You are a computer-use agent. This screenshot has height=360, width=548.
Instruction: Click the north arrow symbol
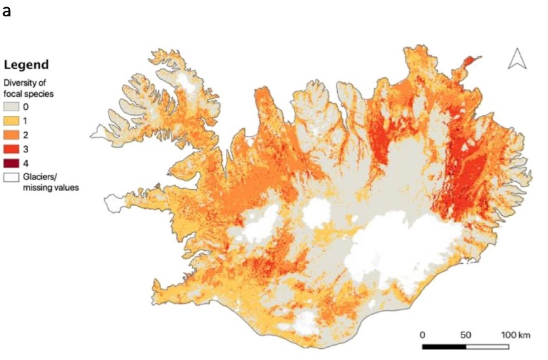518,59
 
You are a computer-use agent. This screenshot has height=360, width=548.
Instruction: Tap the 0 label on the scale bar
423,334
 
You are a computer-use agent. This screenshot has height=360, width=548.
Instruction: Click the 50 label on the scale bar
466,334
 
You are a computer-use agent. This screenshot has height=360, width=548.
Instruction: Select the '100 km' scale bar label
515,334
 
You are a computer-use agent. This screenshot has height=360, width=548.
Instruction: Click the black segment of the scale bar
444,346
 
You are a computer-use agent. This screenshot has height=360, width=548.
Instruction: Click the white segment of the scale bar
487,346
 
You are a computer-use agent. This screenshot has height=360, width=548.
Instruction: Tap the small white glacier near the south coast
302,322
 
